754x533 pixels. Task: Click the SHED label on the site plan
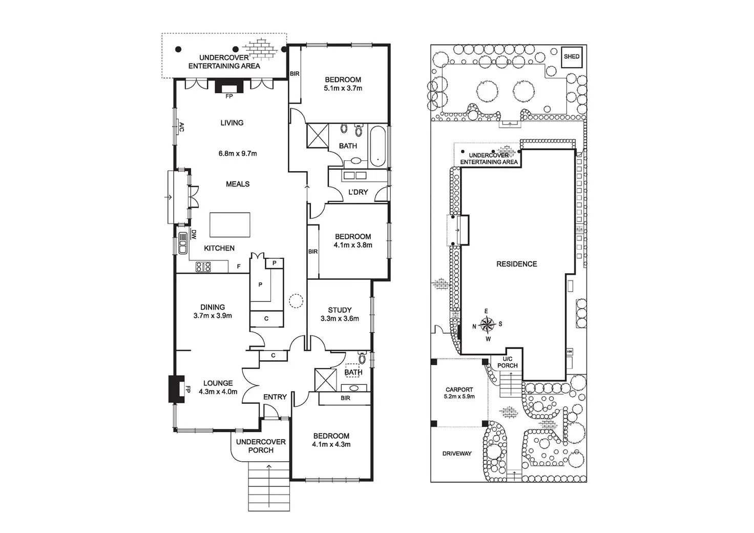(571, 56)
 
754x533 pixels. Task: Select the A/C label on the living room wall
(181, 126)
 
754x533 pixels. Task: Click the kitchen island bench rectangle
(230, 224)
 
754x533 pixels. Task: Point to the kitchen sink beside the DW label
(182, 243)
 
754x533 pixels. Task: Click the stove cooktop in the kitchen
(203, 266)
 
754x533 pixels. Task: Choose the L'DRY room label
(358, 192)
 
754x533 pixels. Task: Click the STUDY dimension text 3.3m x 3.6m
(340, 318)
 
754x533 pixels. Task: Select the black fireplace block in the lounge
(176, 389)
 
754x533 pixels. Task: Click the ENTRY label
(275, 397)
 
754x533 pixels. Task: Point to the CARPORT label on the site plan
(459, 389)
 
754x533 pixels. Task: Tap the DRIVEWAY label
(457, 454)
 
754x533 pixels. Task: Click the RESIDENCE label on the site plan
(516, 264)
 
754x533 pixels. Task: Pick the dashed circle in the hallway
(296, 301)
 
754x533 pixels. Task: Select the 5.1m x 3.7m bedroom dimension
(343, 88)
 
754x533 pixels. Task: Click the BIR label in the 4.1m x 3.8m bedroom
(313, 252)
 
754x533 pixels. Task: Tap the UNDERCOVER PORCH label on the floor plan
(261, 446)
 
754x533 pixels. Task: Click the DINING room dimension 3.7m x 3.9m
(213, 316)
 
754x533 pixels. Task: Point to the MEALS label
(238, 183)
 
